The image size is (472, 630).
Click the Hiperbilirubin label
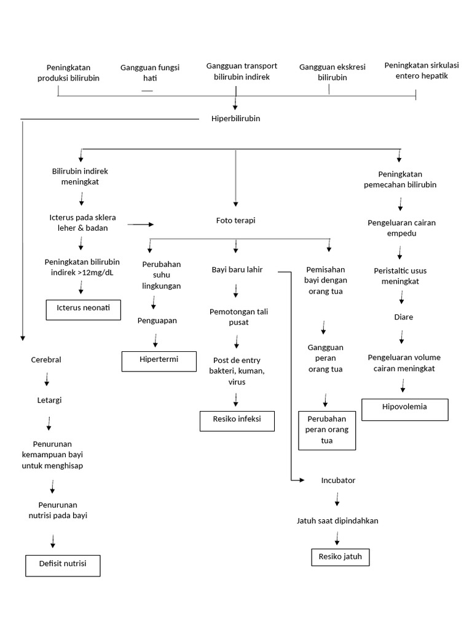point(235,119)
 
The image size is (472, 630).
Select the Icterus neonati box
point(83,309)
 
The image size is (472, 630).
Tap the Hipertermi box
point(159,361)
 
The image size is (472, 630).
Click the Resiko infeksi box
point(237,421)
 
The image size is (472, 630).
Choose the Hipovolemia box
point(404,409)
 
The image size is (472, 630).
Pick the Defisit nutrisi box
point(62,565)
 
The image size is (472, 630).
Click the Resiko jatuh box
point(340,557)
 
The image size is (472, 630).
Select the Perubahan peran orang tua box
point(326,431)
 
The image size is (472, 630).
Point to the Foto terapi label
point(235,220)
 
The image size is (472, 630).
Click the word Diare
point(403,317)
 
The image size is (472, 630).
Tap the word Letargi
point(49,400)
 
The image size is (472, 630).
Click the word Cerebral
point(46,360)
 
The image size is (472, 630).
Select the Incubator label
point(338,480)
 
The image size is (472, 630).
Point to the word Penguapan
point(157,320)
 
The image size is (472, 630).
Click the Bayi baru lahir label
point(237,269)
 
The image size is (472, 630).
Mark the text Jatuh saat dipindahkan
point(337,520)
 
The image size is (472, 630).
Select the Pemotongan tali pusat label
point(238,317)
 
